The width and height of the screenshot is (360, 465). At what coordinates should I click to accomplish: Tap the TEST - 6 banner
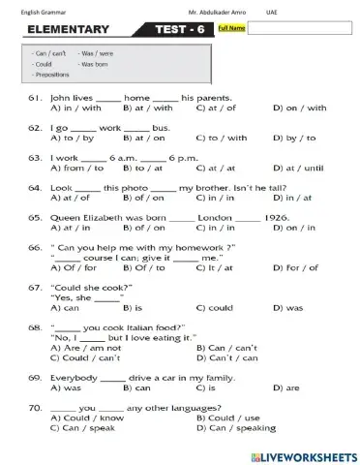(x=179, y=30)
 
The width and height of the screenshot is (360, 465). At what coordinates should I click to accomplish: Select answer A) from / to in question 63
(x=75, y=168)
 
